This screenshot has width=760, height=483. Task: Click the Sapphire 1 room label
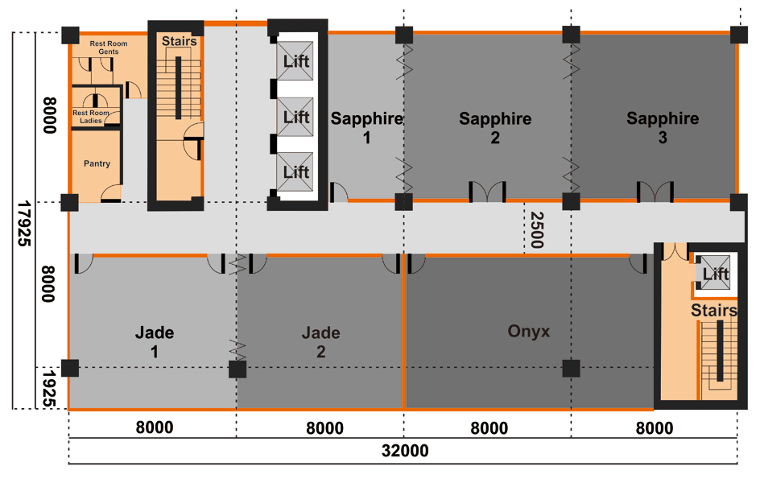[x=366, y=128]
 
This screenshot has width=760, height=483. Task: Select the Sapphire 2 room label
[x=495, y=128]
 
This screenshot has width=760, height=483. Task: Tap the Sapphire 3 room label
[x=663, y=128]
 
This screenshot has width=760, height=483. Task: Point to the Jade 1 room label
[x=155, y=341]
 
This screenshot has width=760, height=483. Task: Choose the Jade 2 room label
[x=320, y=341]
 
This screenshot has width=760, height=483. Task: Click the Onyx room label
[x=529, y=331]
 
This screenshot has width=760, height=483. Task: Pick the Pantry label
[x=97, y=164]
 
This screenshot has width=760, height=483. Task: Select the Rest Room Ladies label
[x=91, y=117]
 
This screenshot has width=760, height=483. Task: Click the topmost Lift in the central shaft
[x=296, y=61]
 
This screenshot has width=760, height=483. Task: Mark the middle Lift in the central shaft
[x=296, y=117]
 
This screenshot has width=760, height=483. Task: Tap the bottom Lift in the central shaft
[x=296, y=171]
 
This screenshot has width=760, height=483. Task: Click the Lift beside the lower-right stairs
[x=715, y=275]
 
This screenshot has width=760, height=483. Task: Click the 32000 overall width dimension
[x=403, y=452]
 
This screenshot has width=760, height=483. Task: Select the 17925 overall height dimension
[x=23, y=223]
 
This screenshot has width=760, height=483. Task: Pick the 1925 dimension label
[x=49, y=388]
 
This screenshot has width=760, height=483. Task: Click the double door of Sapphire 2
[x=487, y=192]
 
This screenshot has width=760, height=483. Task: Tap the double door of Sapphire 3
[x=655, y=192]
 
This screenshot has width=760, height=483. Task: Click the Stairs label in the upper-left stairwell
[x=179, y=41]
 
